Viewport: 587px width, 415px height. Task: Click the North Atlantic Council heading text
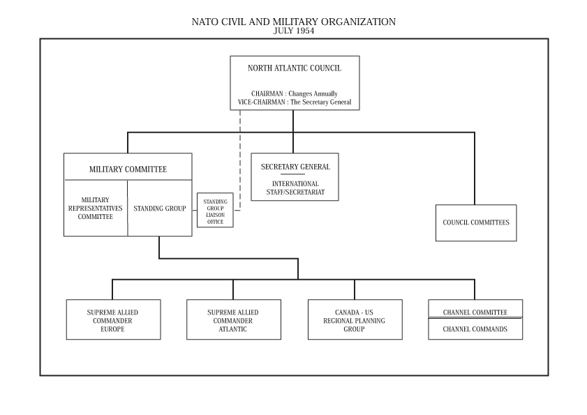295,68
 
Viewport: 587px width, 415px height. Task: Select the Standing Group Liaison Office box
215,210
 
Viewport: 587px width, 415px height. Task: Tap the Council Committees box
476,222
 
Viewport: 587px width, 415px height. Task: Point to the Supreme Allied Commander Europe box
114,319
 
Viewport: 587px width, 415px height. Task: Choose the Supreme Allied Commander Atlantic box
234,319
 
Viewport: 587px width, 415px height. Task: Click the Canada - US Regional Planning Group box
355,319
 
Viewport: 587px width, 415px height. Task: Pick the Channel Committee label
475,312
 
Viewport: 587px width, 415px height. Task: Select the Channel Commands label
475,329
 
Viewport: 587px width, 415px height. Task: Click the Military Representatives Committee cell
96,208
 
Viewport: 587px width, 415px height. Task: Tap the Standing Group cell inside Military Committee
160,208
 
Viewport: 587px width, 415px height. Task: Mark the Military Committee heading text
128,169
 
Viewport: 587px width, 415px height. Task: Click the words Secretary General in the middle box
295,167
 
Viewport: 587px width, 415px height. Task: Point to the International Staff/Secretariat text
295,188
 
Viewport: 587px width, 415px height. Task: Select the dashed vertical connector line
240,160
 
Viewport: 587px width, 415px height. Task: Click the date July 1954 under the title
293,31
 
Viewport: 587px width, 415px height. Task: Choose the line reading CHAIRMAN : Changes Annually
295,93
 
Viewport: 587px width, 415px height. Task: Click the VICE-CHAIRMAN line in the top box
295,102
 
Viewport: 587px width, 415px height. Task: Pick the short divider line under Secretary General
292,174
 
